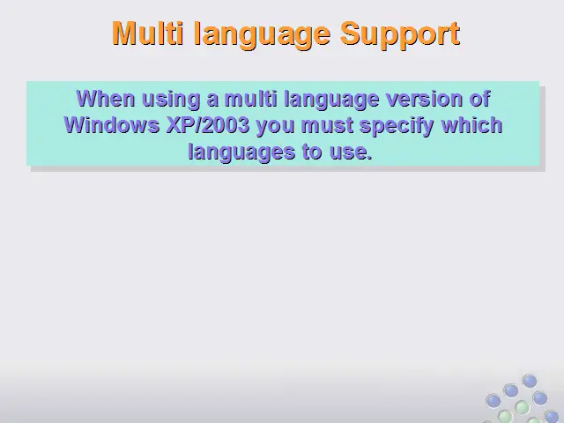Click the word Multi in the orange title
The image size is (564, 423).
(x=147, y=33)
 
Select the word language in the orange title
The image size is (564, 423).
(x=262, y=35)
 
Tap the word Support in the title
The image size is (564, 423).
(x=400, y=35)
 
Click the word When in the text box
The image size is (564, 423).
(x=106, y=99)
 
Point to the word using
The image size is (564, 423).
(x=171, y=100)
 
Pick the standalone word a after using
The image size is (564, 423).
(x=212, y=100)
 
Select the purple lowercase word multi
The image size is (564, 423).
(x=250, y=99)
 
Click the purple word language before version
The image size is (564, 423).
(x=331, y=100)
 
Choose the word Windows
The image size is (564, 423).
(x=112, y=125)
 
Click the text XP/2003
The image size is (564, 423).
(x=208, y=125)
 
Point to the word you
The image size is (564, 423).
(x=275, y=127)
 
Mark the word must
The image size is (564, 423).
(x=327, y=126)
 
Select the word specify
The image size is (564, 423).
(x=397, y=127)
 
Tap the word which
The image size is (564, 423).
(x=471, y=125)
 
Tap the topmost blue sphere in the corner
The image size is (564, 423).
(x=530, y=381)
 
